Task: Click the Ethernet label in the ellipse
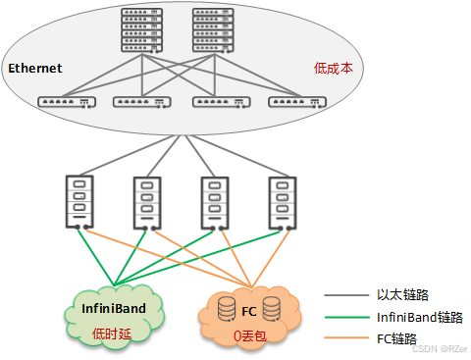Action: click(x=35, y=68)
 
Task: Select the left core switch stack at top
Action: click(x=142, y=29)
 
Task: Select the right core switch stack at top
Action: click(x=213, y=29)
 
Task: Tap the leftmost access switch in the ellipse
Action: click(x=67, y=101)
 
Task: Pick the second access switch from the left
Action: click(x=142, y=101)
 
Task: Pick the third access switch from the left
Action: click(x=221, y=101)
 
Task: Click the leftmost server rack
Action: click(x=78, y=201)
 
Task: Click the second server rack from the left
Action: click(x=146, y=201)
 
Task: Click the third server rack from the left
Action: click(x=214, y=201)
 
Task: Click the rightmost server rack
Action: click(x=283, y=201)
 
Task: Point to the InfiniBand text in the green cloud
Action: click(x=114, y=308)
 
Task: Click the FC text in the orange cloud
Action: click(x=248, y=312)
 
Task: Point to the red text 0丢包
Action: click(x=251, y=335)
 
